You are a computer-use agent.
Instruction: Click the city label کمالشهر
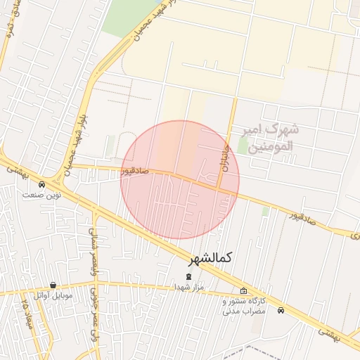tap(209, 259)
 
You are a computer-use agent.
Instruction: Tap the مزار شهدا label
tap(188, 287)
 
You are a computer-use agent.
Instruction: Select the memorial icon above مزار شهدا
tap(188, 276)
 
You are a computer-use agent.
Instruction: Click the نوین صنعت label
tap(41, 195)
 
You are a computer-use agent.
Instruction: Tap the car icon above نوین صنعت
tap(41, 185)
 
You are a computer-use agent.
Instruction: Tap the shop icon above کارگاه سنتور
tap(243, 291)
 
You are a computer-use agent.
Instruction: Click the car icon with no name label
tap(281, 310)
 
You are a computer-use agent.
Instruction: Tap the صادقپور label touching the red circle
tap(135, 170)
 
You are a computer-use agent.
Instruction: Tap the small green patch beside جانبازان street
tap(243, 146)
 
